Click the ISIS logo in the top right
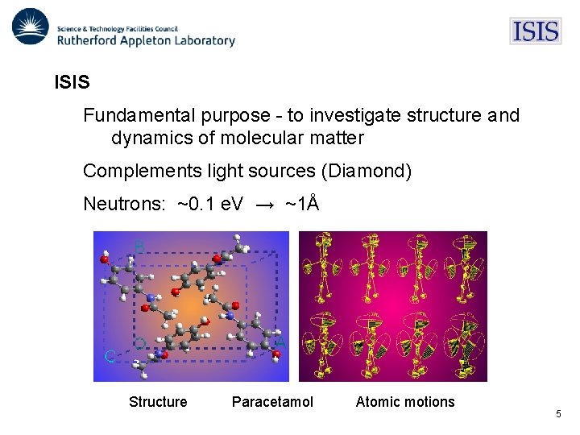pyautogui.click(x=535, y=31)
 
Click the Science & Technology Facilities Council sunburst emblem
pyautogui.click(x=31, y=27)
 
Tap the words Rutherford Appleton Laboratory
pyautogui.click(x=146, y=40)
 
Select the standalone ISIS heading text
pyautogui.click(x=72, y=82)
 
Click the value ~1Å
pyautogui.click(x=302, y=204)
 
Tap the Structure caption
pyautogui.click(x=158, y=402)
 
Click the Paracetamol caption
pyautogui.click(x=272, y=402)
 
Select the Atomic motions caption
pyautogui.click(x=405, y=402)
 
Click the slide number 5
pyautogui.click(x=558, y=414)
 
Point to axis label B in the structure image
pyautogui.click(x=139, y=247)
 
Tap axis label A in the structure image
pyautogui.click(x=280, y=343)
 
